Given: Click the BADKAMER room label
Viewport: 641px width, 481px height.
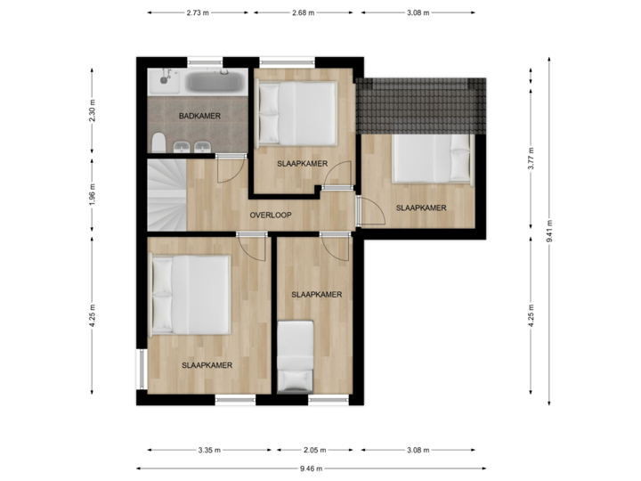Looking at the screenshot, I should point(199,117).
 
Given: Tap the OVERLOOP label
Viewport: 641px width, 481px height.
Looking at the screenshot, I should point(271,216).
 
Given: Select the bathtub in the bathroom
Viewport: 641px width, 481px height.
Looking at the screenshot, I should point(214,83).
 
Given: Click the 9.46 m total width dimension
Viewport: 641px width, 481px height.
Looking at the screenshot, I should point(312,467).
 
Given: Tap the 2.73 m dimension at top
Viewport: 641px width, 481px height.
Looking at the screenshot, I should point(199,13).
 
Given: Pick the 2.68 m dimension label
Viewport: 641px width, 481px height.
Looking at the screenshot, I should point(303,13).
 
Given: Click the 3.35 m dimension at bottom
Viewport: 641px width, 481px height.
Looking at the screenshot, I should point(210,450).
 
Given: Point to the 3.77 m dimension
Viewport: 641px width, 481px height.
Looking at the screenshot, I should point(531,159).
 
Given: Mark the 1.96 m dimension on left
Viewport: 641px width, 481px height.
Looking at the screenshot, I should point(93,196).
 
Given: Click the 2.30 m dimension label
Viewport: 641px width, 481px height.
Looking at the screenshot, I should point(93,110).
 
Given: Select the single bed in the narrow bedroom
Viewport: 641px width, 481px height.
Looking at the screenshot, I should point(295,357).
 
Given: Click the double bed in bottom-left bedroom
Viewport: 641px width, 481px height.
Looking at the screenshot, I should point(191,295).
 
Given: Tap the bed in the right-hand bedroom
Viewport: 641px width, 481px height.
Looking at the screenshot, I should point(431,157).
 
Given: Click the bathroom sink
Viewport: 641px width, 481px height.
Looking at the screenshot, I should point(165,81).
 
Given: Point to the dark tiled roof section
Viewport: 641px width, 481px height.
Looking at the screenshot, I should point(422,103).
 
